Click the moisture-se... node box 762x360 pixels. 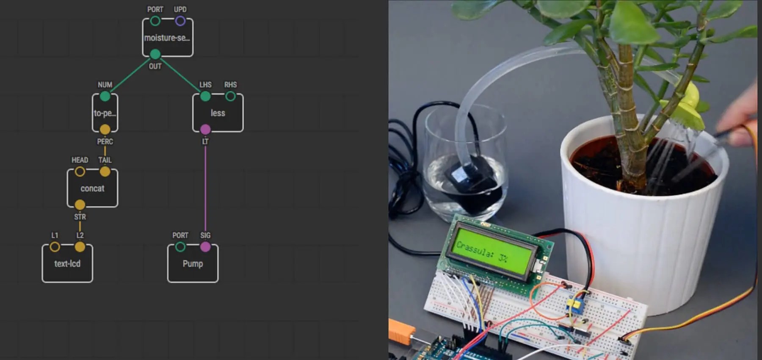pyautogui.click(x=168, y=38)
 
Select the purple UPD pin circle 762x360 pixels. pyautogui.click(x=180, y=21)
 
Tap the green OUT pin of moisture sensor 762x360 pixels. pyautogui.click(x=155, y=54)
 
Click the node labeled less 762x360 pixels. pyautogui.click(x=218, y=113)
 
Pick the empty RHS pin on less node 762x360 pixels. pyautogui.click(x=230, y=96)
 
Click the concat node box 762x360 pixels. pyautogui.click(x=92, y=188)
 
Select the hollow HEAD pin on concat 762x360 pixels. pyautogui.click(x=80, y=172)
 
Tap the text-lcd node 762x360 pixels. pyautogui.click(x=67, y=263)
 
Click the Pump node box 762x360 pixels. pyautogui.click(x=193, y=264)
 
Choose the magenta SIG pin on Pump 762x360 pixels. pyautogui.click(x=205, y=246)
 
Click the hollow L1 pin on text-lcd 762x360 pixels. pyautogui.click(x=55, y=246)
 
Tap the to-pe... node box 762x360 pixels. pyautogui.click(x=105, y=113)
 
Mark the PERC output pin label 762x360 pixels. pyautogui.click(x=105, y=141)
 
